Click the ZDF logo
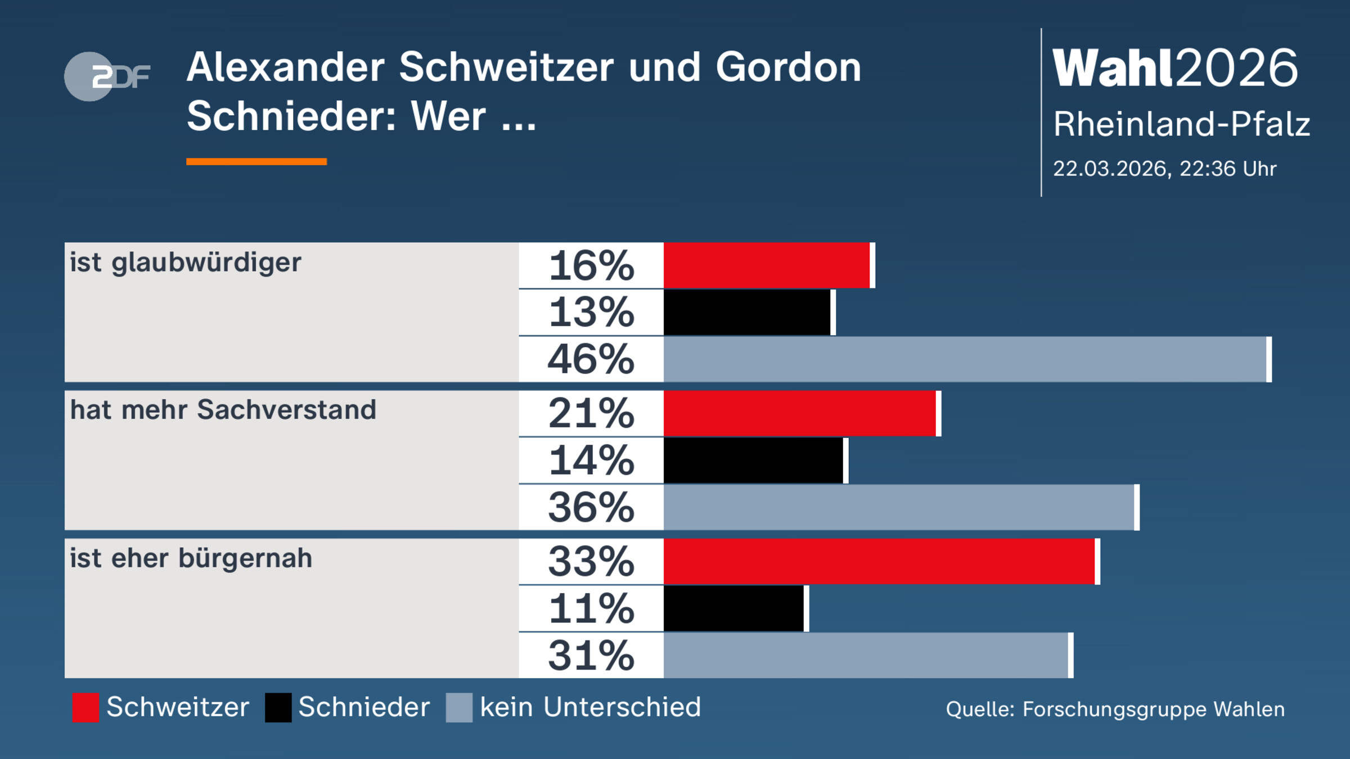[107, 76]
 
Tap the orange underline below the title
[256, 162]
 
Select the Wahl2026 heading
[1175, 68]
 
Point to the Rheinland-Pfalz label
[1181, 124]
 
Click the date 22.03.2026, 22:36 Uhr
[1164, 169]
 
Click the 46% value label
[591, 359]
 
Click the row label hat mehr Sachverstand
[223, 410]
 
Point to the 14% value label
[591, 460]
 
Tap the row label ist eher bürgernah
[191, 558]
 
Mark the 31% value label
[591, 656]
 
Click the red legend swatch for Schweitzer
[85, 707]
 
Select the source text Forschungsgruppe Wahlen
[1153, 710]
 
